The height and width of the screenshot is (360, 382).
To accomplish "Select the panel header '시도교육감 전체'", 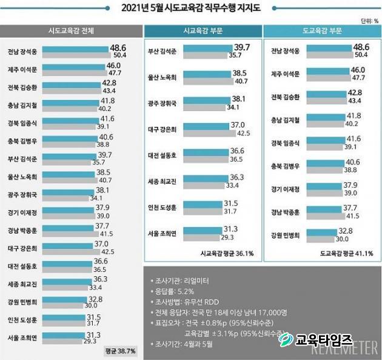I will pyautogui.click(x=71, y=30).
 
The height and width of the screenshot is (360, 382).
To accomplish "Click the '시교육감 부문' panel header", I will pyautogui.click(x=202, y=30).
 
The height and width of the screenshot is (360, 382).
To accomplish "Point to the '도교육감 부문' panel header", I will pyautogui.click(x=322, y=30).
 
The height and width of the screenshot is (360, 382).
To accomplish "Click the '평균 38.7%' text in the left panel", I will pyautogui.click(x=121, y=351).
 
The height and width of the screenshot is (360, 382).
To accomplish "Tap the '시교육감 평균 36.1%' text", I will pyautogui.click(x=227, y=253).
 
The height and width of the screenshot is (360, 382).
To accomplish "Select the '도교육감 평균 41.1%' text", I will pyautogui.click(x=346, y=253).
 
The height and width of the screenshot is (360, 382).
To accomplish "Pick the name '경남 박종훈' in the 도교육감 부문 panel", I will pyautogui.click(x=284, y=211).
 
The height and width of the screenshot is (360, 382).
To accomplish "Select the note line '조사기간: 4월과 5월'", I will pyautogui.click(x=183, y=344).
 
